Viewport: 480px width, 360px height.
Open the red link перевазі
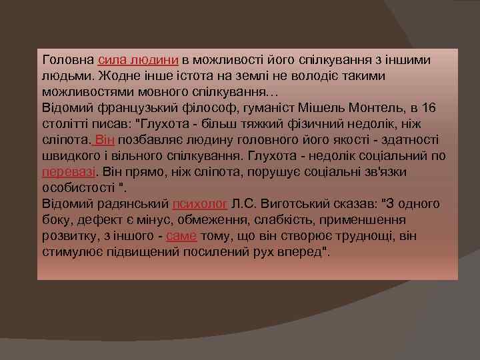[x=65, y=171]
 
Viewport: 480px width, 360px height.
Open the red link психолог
[x=201, y=203]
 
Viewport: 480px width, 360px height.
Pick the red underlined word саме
[x=181, y=235]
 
